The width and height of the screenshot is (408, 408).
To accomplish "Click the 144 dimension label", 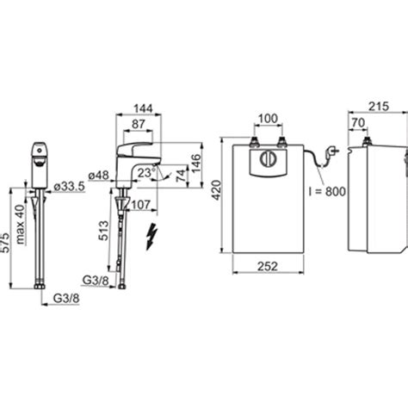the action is (144, 108).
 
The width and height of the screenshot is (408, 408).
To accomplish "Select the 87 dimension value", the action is (139, 124).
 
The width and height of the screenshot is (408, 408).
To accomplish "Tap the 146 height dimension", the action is (196, 164).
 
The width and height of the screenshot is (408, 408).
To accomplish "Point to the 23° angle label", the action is (146, 173).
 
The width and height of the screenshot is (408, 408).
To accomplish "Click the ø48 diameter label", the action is (99, 176).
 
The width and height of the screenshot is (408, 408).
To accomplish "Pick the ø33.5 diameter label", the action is (70, 187).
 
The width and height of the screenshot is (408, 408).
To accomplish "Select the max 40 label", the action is (20, 224).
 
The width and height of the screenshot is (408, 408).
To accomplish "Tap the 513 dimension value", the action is (103, 231).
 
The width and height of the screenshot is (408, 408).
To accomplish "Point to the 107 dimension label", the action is (141, 205).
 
